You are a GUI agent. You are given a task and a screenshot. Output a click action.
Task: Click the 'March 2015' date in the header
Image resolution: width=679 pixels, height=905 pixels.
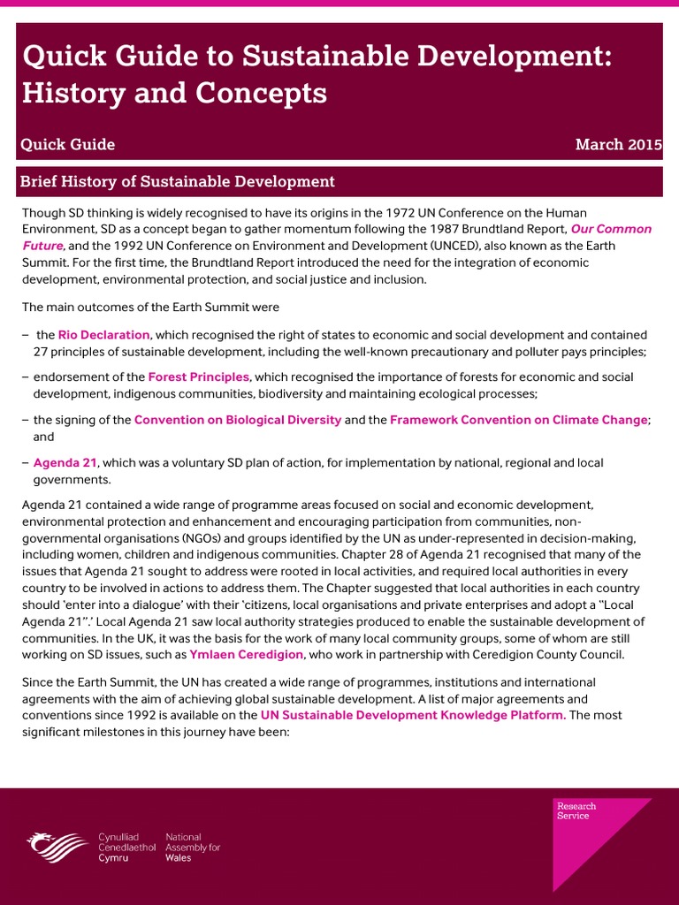coord(618,145)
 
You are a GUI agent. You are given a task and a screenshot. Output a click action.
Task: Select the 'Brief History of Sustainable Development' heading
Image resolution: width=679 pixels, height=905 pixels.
coord(177,182)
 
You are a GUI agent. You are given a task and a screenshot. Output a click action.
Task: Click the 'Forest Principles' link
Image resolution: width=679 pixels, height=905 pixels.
coord(199,377)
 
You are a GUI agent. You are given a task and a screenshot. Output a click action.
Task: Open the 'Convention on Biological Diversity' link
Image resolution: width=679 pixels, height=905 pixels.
coord(238,420)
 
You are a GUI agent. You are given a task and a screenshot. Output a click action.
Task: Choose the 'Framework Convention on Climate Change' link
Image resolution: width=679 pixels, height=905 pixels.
coord(519,420)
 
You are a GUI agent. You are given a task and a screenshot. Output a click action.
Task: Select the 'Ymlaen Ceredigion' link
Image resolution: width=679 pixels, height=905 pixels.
coord(247,655)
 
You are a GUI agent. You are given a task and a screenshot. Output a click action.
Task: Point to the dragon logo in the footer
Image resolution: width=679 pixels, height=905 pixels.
coord(51,847)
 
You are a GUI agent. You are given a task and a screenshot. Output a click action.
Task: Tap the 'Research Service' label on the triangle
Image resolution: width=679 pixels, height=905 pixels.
coord(576,810)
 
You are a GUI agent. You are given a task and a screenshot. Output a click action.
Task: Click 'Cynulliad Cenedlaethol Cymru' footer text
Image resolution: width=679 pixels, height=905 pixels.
coord(126,847)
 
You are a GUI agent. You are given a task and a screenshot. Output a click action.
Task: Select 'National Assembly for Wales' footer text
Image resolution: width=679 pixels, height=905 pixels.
coord(193,847)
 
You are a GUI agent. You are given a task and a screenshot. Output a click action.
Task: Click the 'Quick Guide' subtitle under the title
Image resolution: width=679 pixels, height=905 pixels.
coord(68,145)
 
